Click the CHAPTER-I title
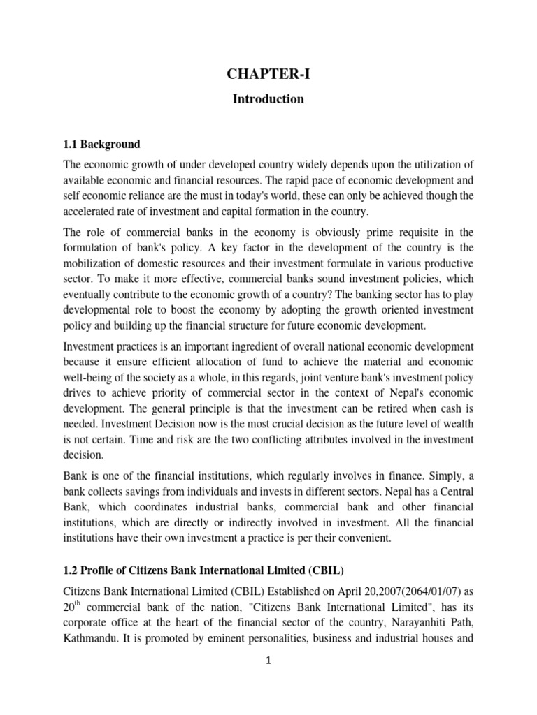[268, 75]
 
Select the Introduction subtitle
[268, 99]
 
